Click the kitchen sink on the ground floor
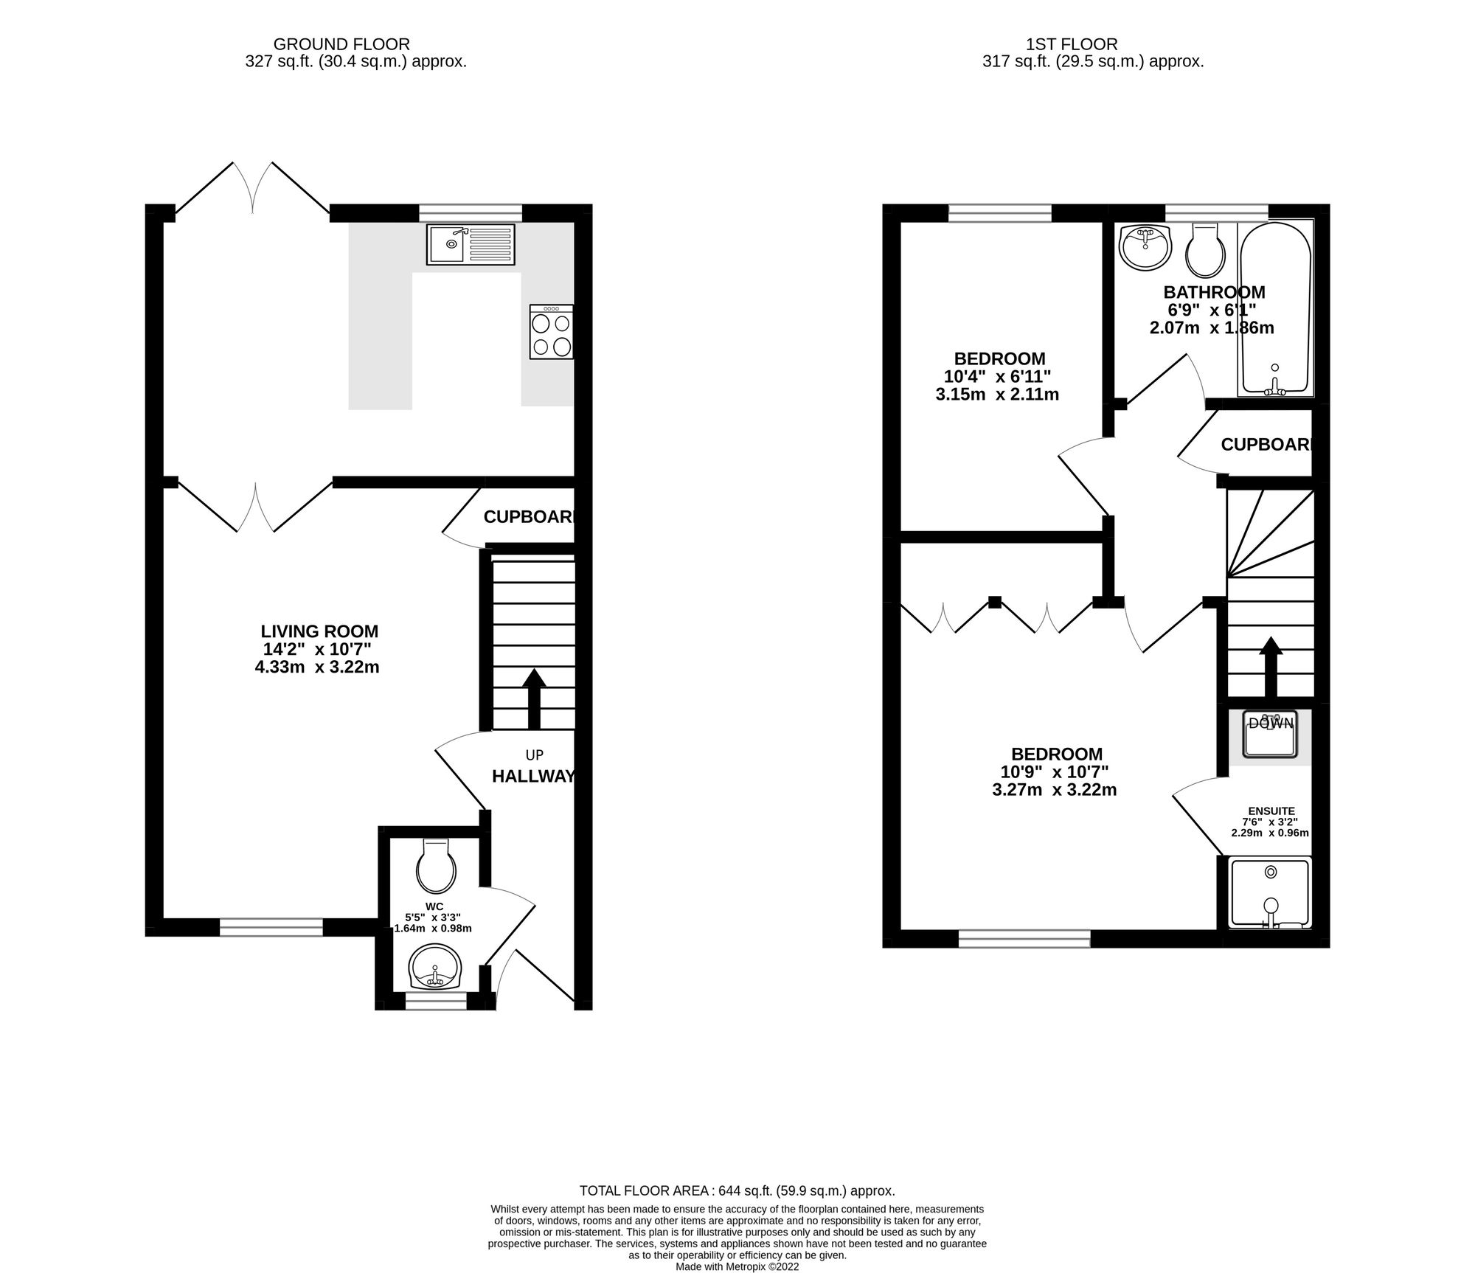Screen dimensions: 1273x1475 (471, 244)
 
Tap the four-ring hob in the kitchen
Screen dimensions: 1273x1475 (551, 332)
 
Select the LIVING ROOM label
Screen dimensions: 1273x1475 (319, 631)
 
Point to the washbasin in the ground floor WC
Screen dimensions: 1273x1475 (436, 968)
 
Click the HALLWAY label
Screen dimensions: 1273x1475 (532, 776)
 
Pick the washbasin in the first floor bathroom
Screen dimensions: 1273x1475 (1145, 247)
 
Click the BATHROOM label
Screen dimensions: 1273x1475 (1214, 292)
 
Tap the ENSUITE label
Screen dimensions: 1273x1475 (1271, 811)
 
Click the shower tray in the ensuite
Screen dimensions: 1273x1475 (1270, 892)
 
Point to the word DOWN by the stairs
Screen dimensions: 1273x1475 (1270, 724)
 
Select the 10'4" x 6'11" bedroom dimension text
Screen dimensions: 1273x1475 (999, 377)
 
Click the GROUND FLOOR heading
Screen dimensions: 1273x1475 (341, 44)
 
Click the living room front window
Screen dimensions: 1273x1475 (271, 927)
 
